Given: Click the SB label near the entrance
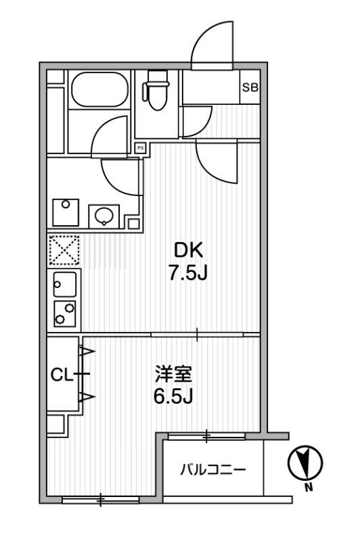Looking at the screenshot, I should (249, 87).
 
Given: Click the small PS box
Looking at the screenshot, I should (141, 147).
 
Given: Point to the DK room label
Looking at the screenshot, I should (187, 251).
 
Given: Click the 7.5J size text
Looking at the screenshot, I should (187, 274).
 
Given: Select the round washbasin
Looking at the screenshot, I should (104, 216).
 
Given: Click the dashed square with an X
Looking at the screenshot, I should (64, 250).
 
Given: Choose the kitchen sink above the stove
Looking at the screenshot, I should (64, 284).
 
